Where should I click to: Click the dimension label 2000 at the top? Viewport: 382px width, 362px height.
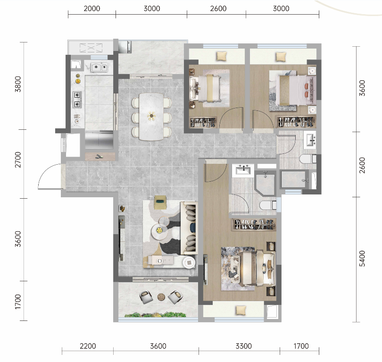pyautogui.click(x=92, y=8)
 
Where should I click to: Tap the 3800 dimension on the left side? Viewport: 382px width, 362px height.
pyautogui.click(x=18, y=84)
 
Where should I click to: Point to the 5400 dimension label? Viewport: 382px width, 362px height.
pyautogui.click(x=363, y=258)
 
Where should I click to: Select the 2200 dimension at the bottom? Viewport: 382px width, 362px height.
pyautogui.click(x=88, y=346)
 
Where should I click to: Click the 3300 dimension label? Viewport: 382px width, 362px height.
pyautogui.click(x=244, y=346)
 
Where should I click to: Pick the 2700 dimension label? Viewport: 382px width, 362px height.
pyautogui.click(x=18, y=160)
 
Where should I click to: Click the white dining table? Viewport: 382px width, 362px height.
pyautogui.click(x=151, y=117)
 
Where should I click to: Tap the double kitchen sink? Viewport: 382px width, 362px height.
pyautogui.click(x=99, y=67)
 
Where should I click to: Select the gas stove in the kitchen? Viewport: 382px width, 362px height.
pyautogui.click(x=77, y=100)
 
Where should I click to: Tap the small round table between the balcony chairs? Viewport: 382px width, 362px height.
pyautogui.click(x=161, y=297)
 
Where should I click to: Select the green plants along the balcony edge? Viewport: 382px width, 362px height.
pyautogui.click(x=156, y=315)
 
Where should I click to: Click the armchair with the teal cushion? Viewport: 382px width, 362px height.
pyautogui.click(x=160, y=202)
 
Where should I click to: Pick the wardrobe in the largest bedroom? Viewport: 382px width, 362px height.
pyautogui.click(x=254, y=225)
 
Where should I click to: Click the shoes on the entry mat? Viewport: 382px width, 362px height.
pyautogui.click(x=99, y=157)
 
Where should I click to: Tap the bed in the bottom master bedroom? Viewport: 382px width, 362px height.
pyautogui.click(x=257, y=268)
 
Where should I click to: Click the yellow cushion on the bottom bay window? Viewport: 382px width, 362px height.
pyautogui.click(x=241, y=311)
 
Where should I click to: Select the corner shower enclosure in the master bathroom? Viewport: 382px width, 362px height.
pyautogui.click(x=265, y=183)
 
